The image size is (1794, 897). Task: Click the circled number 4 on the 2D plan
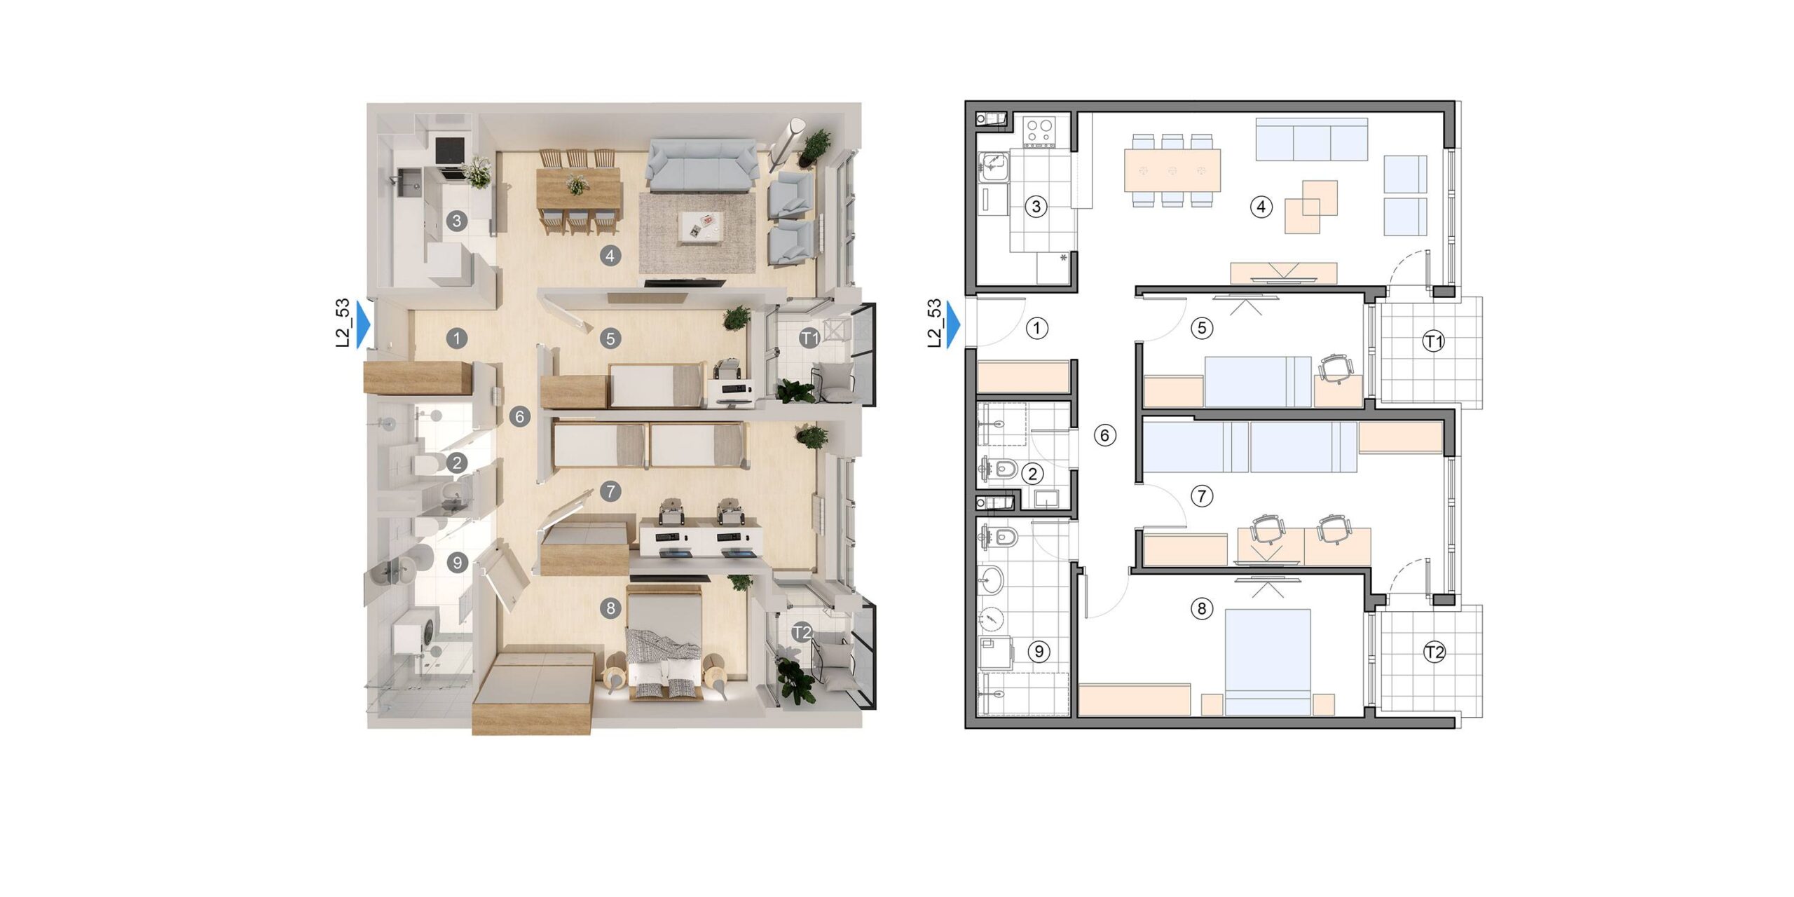[x=1261, y=207]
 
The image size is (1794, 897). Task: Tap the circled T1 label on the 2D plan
[x=1434, y=341]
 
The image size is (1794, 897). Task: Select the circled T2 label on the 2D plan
[x=1434, y=652]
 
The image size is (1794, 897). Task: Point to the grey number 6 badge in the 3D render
[x=519, y=417]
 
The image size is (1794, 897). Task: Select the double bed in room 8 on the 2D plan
[x=1268, y=662]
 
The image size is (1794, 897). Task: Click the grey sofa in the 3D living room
[x=701, y=165]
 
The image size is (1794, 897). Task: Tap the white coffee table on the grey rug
[x=701, y=228]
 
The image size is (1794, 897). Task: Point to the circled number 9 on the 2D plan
[x=1039, y=651]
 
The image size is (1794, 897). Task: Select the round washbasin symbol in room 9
[x=992, y=580]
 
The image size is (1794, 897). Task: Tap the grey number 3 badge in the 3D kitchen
[x=457, y=221]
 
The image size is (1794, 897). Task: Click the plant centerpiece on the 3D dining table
[x=576, y=185]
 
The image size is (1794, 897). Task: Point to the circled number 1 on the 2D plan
[x=1036, y=327]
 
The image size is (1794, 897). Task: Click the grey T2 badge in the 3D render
[x=802, y=632]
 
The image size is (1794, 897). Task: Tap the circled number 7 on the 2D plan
[x=1202, y=496]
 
